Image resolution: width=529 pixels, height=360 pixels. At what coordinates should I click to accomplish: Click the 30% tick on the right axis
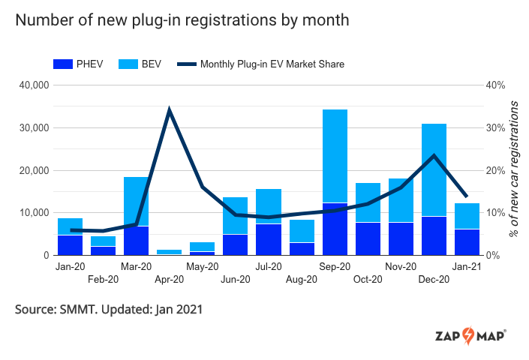(497, 128)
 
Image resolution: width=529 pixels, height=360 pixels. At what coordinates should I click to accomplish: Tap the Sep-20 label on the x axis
(335, 267)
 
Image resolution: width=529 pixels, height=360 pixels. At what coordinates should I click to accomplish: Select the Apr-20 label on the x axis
(169, 280)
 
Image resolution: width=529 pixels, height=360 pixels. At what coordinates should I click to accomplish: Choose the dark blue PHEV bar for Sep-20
(335, 229)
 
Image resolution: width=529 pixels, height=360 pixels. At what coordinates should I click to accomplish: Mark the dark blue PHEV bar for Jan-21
(467, 242)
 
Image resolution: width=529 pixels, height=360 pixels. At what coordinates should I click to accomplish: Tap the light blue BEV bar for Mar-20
(136, 202)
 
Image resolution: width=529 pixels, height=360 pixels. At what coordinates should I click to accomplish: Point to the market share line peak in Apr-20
(170, 110)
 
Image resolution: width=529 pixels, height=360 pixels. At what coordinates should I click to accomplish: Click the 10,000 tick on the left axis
(34, 213)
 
